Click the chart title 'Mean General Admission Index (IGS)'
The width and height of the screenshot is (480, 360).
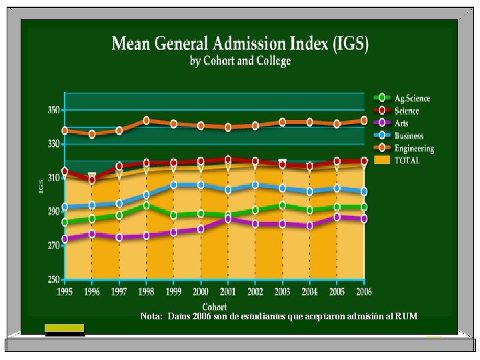click(240, 44)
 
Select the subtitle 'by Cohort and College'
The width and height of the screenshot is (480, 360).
click(240, 61)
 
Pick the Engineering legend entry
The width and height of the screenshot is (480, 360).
click(406, 148)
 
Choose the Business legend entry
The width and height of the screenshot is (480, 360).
click(403, 135)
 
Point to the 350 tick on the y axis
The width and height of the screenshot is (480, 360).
click(53, 109)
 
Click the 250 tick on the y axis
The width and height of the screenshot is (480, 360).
click(53, 279)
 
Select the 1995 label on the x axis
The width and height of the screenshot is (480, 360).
click(65, 291)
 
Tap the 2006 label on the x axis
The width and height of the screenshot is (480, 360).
click(364, 291)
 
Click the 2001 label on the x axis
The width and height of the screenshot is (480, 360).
click(228, 291)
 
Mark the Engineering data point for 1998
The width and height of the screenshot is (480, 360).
click(146, 121)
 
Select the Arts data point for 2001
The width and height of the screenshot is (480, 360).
click(228, 219)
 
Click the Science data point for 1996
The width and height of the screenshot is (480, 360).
click(92, 179)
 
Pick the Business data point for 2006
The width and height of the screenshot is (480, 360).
click(364, 192)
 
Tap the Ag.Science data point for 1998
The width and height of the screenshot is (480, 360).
click(146, 205)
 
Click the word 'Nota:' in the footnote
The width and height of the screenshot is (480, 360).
click(151, 316)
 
